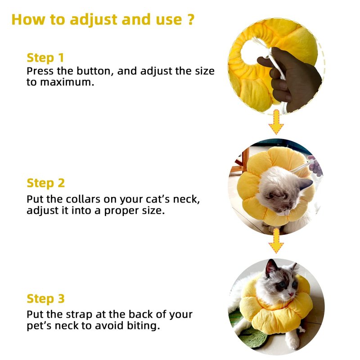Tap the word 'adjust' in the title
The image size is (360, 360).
[94, 20]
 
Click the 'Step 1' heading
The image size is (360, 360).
[45, 58]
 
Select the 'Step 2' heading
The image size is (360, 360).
[46, 183]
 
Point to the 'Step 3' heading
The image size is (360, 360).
[46, 299]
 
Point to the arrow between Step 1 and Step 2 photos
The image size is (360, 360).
[276, 122]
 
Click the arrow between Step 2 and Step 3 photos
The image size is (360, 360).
[276, 241]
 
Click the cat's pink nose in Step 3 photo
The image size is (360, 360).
[291, 294]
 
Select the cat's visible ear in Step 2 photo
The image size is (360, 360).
[306, 184]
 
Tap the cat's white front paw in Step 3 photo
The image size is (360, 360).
[293, 342]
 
